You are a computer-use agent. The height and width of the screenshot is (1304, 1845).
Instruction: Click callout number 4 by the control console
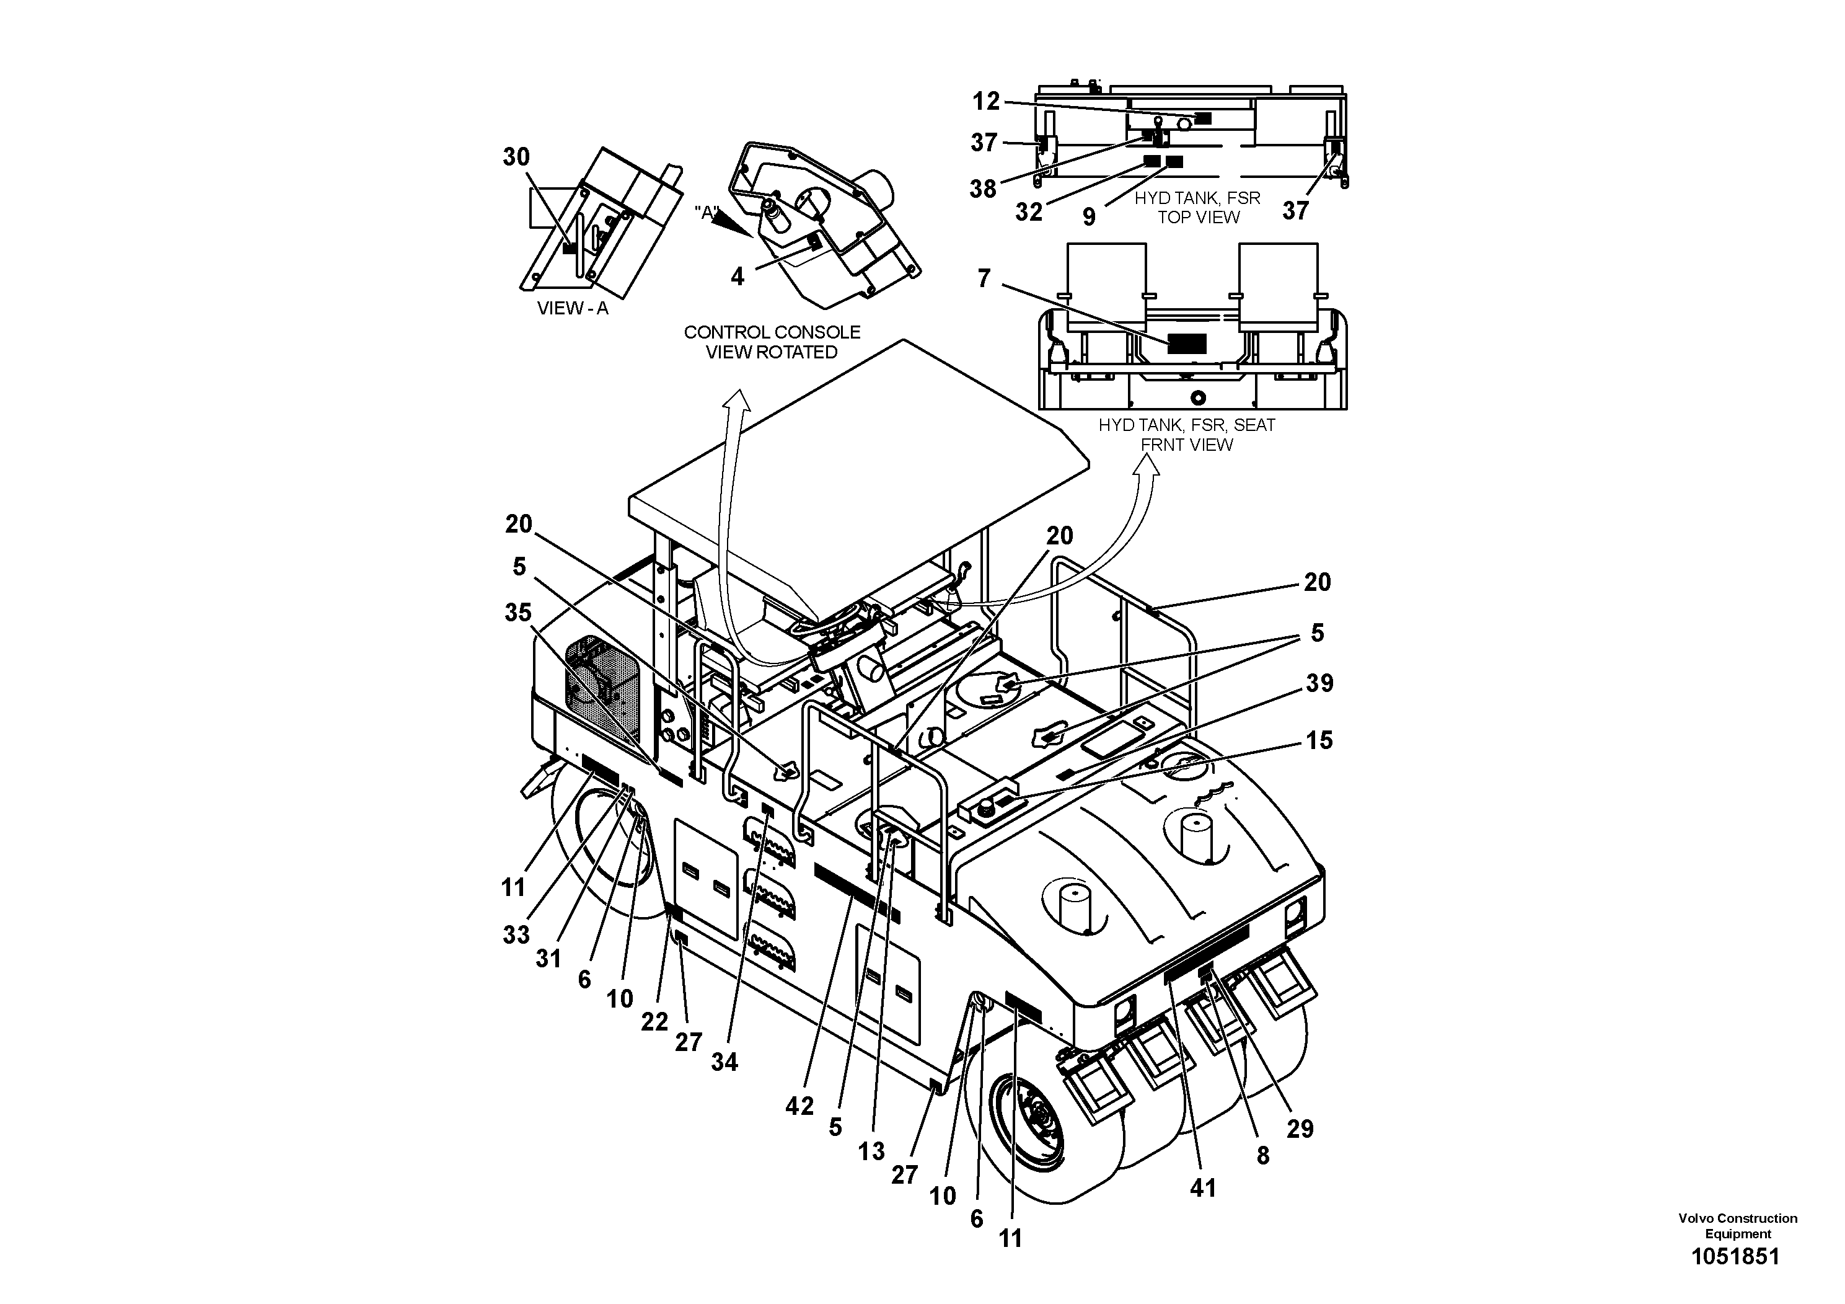click(737, 277)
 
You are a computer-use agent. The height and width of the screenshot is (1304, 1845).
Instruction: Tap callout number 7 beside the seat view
click(984, 278)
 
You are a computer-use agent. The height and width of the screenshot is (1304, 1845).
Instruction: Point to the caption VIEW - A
click(572, 309)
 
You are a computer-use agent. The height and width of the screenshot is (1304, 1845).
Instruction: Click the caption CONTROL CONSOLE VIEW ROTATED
click(772, 342)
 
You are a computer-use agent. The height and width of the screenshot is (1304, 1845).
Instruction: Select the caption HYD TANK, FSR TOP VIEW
click(1197, 208)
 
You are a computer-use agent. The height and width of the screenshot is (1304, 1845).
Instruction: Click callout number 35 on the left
click(517, 613)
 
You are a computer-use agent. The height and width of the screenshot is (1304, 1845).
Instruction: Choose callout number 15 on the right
click(1319, 740)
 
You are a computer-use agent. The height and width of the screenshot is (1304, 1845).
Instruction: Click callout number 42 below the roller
click(799, 1106)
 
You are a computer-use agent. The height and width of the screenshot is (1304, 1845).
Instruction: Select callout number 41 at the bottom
click(1202, 1187)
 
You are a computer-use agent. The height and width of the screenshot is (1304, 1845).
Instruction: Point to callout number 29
click(1300, 1129)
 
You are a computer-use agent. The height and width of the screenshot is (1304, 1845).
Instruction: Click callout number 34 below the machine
click(723, 1062)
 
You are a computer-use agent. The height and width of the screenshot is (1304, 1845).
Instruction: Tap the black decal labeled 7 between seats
click(1186, 344)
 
